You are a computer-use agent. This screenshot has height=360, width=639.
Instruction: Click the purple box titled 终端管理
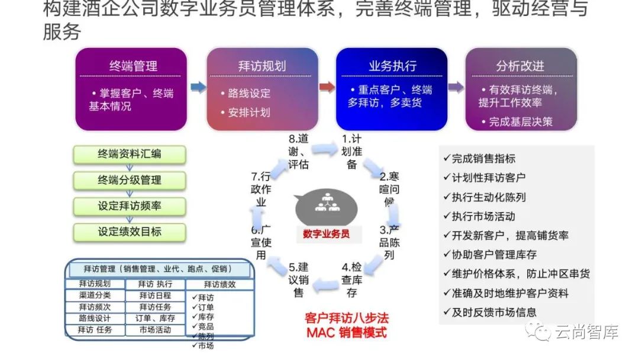coord(131,89)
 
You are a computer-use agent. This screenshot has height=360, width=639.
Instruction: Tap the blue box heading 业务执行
coord(392,65)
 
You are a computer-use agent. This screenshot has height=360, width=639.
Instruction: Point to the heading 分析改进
coord(520,66)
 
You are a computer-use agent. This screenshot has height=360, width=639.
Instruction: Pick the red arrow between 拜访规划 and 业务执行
coord(327,88)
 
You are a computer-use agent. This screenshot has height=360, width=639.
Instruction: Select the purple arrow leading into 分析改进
coord(456,88)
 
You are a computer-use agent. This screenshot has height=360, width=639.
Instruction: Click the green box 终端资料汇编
coord(130,155)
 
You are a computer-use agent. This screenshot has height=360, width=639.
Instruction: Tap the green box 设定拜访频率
coord(130,206)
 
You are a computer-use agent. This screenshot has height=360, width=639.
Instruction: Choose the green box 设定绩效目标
coord(130,232)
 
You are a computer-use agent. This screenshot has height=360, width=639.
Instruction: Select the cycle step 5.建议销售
coord(299,279)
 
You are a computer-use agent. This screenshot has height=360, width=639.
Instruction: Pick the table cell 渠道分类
coord(95,295)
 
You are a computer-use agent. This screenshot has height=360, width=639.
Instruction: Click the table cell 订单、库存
coord(155,318)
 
